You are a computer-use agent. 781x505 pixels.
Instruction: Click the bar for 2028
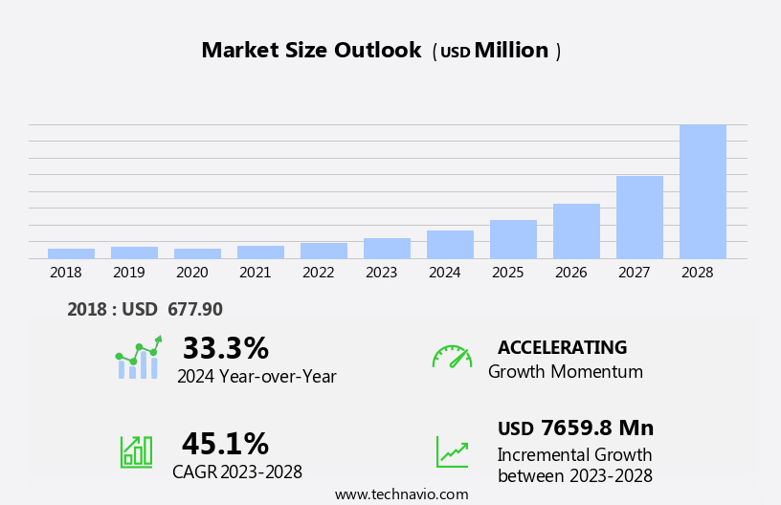click(x=703, y=191)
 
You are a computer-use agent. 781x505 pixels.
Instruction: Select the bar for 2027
click(x=639, y=217)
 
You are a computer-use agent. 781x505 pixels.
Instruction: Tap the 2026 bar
click(x=576, y=231)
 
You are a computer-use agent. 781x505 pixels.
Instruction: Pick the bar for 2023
click(x=387, y=249)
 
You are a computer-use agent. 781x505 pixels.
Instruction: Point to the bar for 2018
click(x=71, y=253)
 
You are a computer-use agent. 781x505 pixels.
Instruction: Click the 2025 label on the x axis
click(x=507, y=273)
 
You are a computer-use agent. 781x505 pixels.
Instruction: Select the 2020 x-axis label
click(x=191, y=273)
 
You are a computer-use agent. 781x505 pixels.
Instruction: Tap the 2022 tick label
click(x=318, y=273)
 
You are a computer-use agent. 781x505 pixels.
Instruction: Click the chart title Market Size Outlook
click(x=311, y=51)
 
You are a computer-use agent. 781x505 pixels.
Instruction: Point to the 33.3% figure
click(x=225, y=348)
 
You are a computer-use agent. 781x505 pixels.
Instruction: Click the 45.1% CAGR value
click(x=225, y=444)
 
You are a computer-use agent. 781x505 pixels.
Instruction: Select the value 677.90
click(x=195, y=310)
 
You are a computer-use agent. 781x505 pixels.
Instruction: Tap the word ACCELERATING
click(x=562, y=348)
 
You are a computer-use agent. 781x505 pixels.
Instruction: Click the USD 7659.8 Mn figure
click(x=575, y=428)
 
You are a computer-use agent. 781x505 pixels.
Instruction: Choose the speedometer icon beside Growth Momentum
click(x=452, y=357)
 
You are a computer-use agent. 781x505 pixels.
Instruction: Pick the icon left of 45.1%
click(x=136, y=450)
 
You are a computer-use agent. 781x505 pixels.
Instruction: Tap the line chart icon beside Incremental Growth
click(x=452, y=451)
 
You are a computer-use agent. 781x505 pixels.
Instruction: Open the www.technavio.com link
click(x=401, y=494)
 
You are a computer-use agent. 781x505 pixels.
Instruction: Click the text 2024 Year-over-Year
click(x=257, y=377)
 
